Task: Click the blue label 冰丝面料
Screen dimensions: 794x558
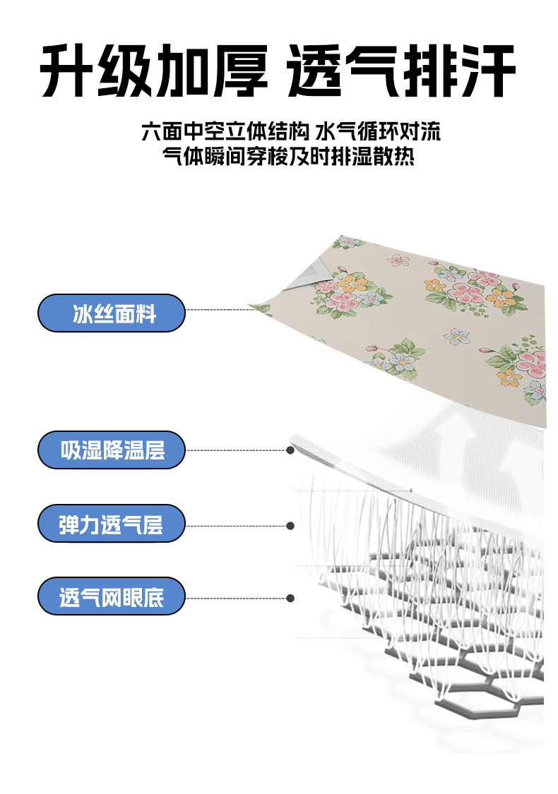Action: click(111, 313)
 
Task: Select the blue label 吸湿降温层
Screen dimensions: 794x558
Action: click(111, 450)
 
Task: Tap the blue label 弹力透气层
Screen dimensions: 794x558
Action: click(111, 524)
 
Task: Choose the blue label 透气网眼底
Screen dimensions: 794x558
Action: click(111, 596)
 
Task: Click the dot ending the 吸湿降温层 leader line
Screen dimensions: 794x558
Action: click(290, 450)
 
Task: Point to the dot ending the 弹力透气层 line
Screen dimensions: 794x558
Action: click(290, 525)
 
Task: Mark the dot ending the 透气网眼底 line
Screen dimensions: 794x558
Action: click(290, 598)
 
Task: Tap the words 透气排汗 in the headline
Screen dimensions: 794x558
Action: click(401, 73)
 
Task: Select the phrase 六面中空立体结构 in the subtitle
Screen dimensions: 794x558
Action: click(225, 132)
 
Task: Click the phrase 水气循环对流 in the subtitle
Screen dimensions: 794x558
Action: click(379, 132)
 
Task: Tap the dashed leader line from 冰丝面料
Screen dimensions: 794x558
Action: click(219, 310)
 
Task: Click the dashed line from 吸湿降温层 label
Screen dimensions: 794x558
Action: click(237, 450)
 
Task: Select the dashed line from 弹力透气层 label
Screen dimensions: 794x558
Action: click(237, 525)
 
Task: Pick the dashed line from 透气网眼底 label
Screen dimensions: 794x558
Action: click(237, 598)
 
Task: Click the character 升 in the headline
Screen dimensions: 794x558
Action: click(68, 73)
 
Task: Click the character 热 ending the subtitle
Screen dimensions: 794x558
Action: click(405, 156)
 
